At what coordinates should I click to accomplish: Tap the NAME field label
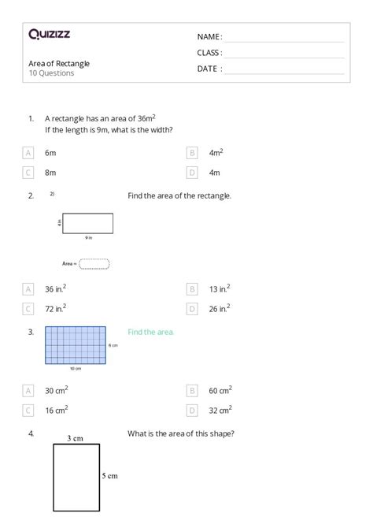[x=209, y=37]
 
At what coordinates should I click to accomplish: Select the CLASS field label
[x=209, y=53]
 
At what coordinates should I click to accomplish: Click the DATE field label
[x=209, y=69]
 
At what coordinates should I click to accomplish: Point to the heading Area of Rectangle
[x=58, y=63]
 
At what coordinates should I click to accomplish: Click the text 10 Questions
[x=51, y=73]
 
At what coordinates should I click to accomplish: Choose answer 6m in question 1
[x=50, y=152]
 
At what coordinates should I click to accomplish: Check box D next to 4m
[x=192, y=172]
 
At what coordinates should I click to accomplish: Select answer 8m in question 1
[x=50, y=172]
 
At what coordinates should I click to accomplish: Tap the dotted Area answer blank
[x=94, y=264]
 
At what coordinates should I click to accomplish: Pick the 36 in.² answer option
[x=55, y=289]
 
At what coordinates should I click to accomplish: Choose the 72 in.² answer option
[x=55, y=308]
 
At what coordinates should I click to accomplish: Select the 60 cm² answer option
[x=220, y=389]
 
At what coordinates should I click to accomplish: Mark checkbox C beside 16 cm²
[x=28, y=409]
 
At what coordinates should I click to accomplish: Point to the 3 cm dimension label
[x=75, y=437]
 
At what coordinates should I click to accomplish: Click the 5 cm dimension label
[x=109, y=475]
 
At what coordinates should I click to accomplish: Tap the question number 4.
[x=30, y=433]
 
